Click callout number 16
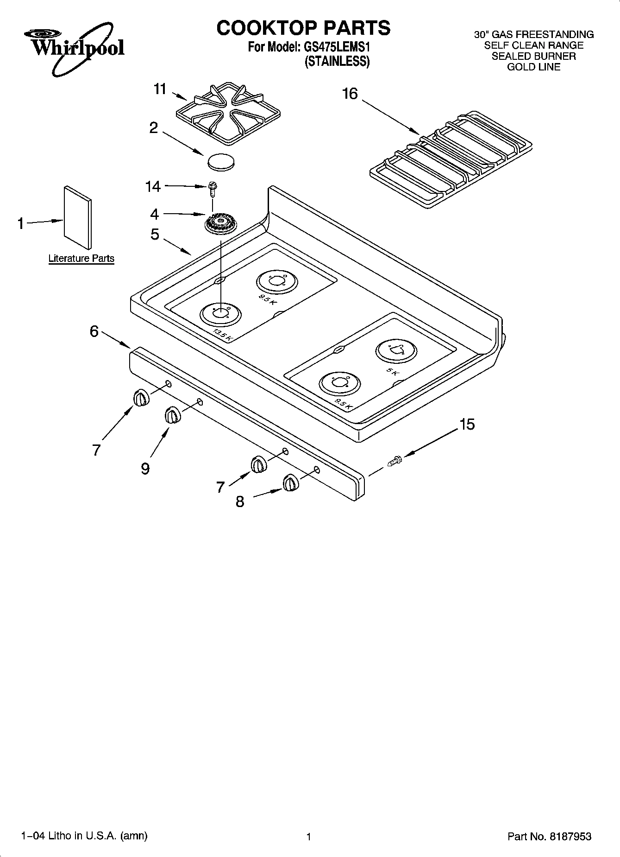(350, 94)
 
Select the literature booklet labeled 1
(77, 217)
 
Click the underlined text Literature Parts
(81, 258)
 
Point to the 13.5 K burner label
(222, 335)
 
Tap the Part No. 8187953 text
(549, 837)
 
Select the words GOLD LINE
(533, 67)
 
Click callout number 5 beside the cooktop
(155, 235)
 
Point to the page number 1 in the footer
(308, 837)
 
